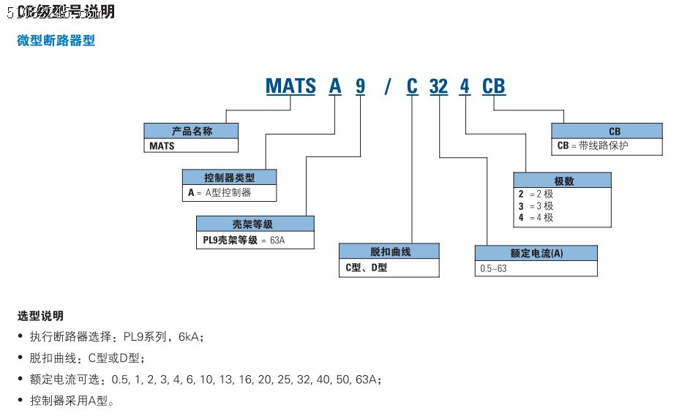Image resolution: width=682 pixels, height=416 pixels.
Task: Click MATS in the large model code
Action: tap(291, 86)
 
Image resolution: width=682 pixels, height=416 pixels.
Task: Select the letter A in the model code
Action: tap(335, 86)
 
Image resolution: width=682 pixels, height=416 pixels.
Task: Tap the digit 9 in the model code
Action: tap(360, 86)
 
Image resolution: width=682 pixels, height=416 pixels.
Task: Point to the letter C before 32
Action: tap(412, 86)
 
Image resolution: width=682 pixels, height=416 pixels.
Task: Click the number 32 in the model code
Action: tap(438, 86)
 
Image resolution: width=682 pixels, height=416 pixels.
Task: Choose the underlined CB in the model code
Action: tap(493, 86)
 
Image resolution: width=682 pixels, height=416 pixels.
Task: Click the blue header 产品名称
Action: tap(191, 132)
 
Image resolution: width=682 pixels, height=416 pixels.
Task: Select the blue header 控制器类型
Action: tap(229, 177)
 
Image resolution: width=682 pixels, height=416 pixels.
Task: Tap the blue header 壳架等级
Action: tap(255, 224)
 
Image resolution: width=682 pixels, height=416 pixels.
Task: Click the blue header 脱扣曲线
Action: tap(389, 252)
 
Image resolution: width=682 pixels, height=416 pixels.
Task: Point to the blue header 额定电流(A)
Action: tap(536, 253)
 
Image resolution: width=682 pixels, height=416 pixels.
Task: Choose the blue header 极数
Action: tap(563, 181)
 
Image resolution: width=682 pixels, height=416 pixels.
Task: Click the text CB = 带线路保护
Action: tap(593, 145)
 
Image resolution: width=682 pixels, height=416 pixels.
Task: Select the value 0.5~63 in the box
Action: tap(492, 268)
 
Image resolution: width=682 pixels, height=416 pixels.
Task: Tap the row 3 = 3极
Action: tap(536, 206)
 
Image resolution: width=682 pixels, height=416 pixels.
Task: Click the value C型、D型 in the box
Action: tap(366, 268)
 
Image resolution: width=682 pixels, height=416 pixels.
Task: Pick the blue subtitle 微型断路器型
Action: tap(56, 41)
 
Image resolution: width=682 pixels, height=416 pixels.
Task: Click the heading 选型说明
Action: tap(40, 316)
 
